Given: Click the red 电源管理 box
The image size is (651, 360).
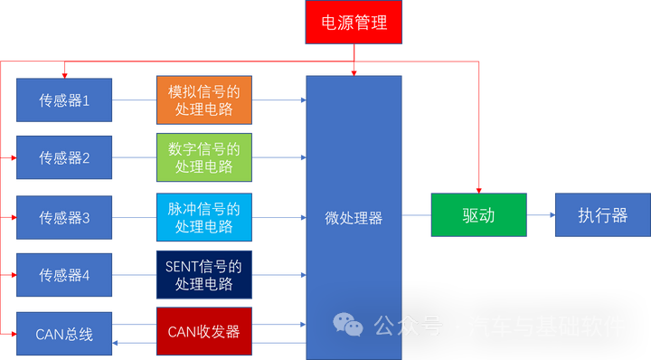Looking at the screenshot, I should click(x=354, y=23).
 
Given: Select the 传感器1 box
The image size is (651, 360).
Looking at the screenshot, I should click(x=64, y=100).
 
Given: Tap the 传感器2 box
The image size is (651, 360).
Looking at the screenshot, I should click(x=64, y=157).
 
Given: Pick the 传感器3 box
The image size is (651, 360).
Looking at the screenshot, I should click(x=64, y=217).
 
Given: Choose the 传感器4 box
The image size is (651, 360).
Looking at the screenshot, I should click(x=64, y=275).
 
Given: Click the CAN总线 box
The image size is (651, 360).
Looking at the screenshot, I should click(x=64, y=334).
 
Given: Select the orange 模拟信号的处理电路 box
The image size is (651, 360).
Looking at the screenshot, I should click(x=203, y=99).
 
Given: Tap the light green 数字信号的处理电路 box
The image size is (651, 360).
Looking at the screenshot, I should click(x=203, y=157).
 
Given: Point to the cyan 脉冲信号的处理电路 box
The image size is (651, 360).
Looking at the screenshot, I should click(x=203, y=217).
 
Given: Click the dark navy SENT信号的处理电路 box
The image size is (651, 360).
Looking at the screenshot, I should click(x=203, y=275).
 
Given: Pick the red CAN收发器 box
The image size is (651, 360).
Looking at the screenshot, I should click(x=203, y=332).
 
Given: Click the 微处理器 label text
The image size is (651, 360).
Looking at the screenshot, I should click(x=354, y=218).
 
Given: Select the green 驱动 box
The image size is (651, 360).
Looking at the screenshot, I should click(x=478, y=216).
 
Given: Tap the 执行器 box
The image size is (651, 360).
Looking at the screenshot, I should click(x=602, y=215).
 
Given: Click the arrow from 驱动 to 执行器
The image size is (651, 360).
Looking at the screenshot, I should click(x=541, y=215).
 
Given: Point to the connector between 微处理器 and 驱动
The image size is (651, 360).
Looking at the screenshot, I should click(x=415, y=215).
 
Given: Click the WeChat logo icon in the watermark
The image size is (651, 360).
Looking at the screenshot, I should click(x=347, y=325).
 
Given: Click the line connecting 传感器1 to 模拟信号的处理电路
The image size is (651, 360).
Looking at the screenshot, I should click(x=134, y=99).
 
